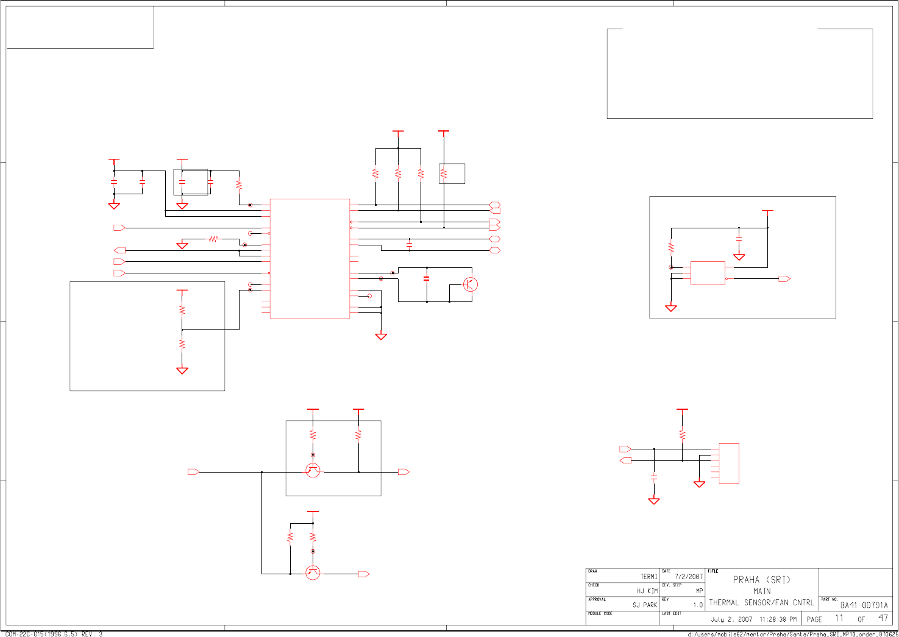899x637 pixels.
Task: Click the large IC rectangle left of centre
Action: click(310, 258)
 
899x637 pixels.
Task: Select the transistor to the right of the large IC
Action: click(470, 284)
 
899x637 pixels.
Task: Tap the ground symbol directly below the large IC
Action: click(381, 336)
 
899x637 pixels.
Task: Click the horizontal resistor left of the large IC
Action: click(213, 239)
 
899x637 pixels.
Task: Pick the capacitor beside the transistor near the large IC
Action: click(426, 278)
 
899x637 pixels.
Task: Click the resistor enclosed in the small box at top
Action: click(444, 174)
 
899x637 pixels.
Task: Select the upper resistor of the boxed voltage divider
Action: click(182, 310)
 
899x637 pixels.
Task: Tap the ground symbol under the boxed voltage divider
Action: click(182, 370)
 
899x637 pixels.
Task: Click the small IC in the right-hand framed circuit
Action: click(708, 273)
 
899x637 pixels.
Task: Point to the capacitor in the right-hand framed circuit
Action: click(739, 239)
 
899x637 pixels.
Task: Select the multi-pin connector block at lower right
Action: click(729, 463)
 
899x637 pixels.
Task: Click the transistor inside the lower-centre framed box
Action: click(313, 470)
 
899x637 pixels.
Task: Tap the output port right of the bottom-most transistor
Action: click(364, 574)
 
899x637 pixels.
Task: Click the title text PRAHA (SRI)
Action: click(761, 580)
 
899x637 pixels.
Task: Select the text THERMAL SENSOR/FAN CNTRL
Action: click(761, 603)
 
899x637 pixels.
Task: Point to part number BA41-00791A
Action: click(864, 605)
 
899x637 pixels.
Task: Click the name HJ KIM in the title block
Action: click(647, 591)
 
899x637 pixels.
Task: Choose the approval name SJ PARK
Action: click(644, 605)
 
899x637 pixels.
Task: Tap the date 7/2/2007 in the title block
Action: click(689, 577)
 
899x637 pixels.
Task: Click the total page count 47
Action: click(883, 618)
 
